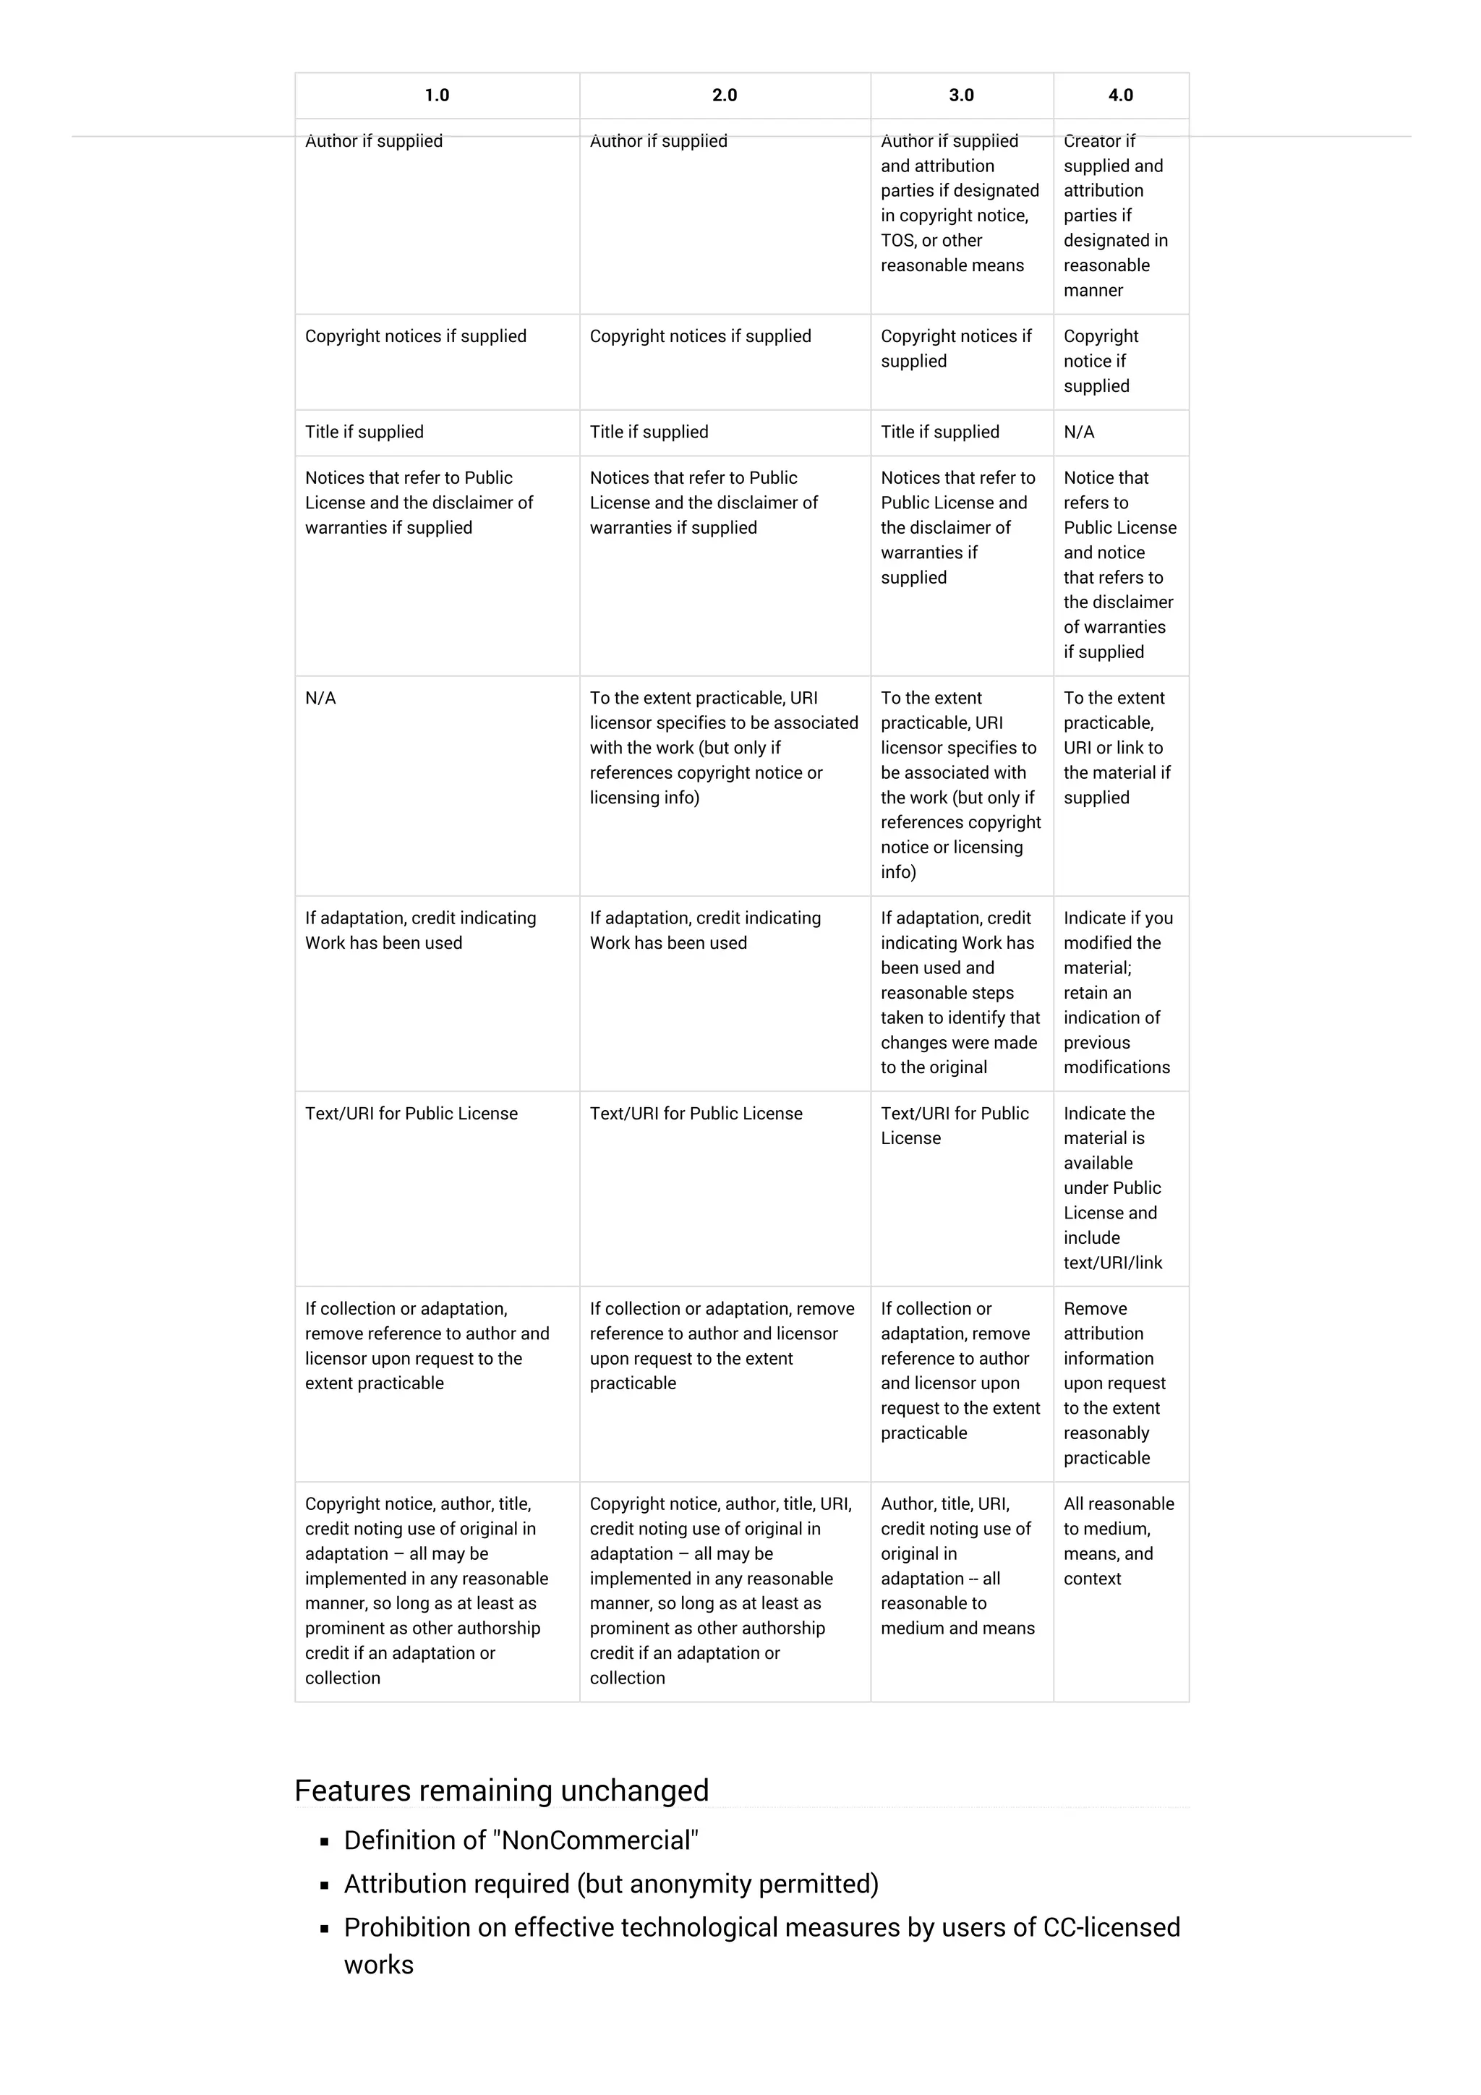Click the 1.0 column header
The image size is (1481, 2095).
coord(436,95)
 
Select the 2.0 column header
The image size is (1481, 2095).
coord(725,95)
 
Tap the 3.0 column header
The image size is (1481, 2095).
coord(961,95)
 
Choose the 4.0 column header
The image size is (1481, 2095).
coord(1121,95)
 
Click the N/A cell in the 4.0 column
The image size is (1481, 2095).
coord(1079,432)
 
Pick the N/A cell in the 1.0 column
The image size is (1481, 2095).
coord(320,698)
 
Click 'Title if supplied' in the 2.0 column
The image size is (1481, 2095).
coord(649,432)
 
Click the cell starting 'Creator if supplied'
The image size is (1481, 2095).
coord(1113,216)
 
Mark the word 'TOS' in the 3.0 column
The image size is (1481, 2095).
coord(898,240)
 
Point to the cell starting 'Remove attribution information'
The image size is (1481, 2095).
coord(1113,1383)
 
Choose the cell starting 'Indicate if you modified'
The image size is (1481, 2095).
coord(1118,992)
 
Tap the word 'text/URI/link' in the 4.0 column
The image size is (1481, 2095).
coord(1112,1263)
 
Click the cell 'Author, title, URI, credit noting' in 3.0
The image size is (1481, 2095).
coord(955,1565)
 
